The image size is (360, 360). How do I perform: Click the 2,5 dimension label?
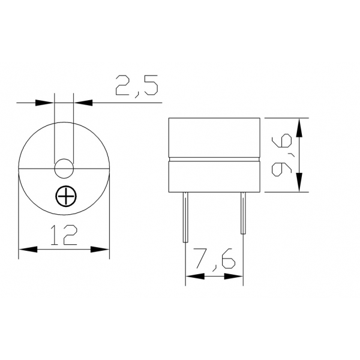136,85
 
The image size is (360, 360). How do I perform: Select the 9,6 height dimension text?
283,155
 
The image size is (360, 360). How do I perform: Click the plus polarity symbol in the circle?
64,196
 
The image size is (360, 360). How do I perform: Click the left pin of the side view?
186,213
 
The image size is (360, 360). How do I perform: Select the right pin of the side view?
243,213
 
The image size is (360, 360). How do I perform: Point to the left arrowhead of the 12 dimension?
28,248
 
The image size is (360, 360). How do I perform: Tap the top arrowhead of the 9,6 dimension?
299,126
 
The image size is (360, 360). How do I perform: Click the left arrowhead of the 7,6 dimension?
194,277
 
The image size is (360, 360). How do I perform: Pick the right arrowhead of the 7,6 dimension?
235,277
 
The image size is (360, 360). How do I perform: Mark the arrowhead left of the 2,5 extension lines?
45,103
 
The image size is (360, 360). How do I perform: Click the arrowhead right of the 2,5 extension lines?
83,103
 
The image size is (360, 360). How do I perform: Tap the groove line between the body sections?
214,160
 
